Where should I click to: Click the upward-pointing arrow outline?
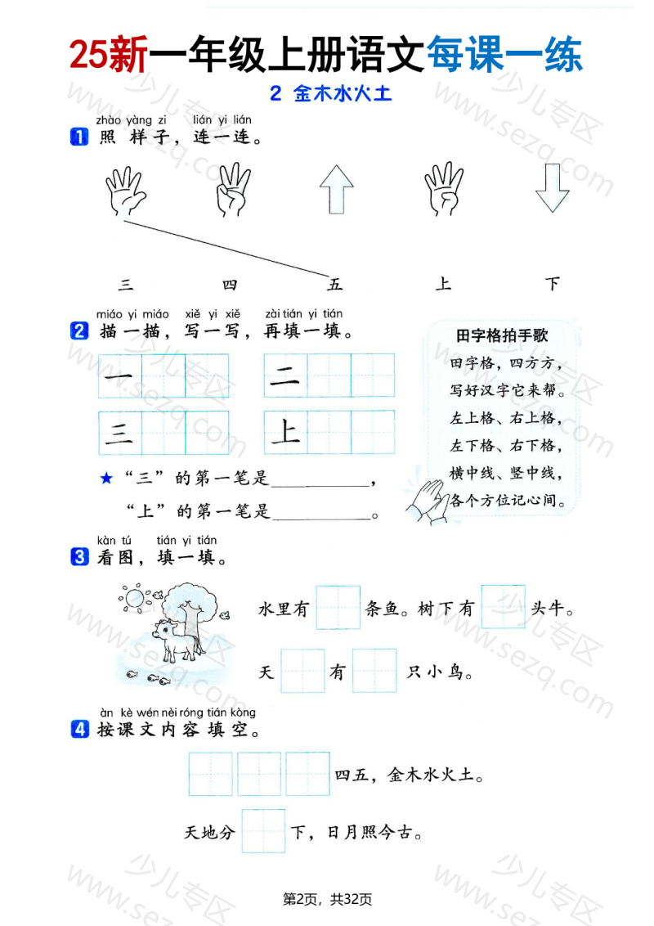pyautogui.click(x=336, y=189)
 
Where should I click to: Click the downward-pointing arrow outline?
pyautogui.click(x=552, y=189)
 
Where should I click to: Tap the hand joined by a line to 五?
pyautogui.click(x=125, y=192)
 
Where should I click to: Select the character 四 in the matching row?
pyautogui.click(x=230, y=285)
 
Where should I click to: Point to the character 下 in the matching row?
pyautogui.click(x=553, y=284)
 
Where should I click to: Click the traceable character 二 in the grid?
pyautogui.click(x=285, y=376)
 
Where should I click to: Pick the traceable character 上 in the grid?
pyautogui.click(x=285, y=432)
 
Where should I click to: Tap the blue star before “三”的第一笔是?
pyautogui.click(x=105, y=479)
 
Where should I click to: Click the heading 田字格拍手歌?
pyautogui.click(x=501, y=335)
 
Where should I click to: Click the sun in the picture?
pyautogui.click(x=133, y=598)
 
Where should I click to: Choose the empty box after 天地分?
pyautogui.click(x=263, y=831)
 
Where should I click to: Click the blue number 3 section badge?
pyautogui.click(x=79, y=558)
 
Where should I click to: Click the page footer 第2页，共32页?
pyautogui.click(x=327, y=899)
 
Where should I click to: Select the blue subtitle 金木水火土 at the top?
pyautogui.click(x=331, y=94)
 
